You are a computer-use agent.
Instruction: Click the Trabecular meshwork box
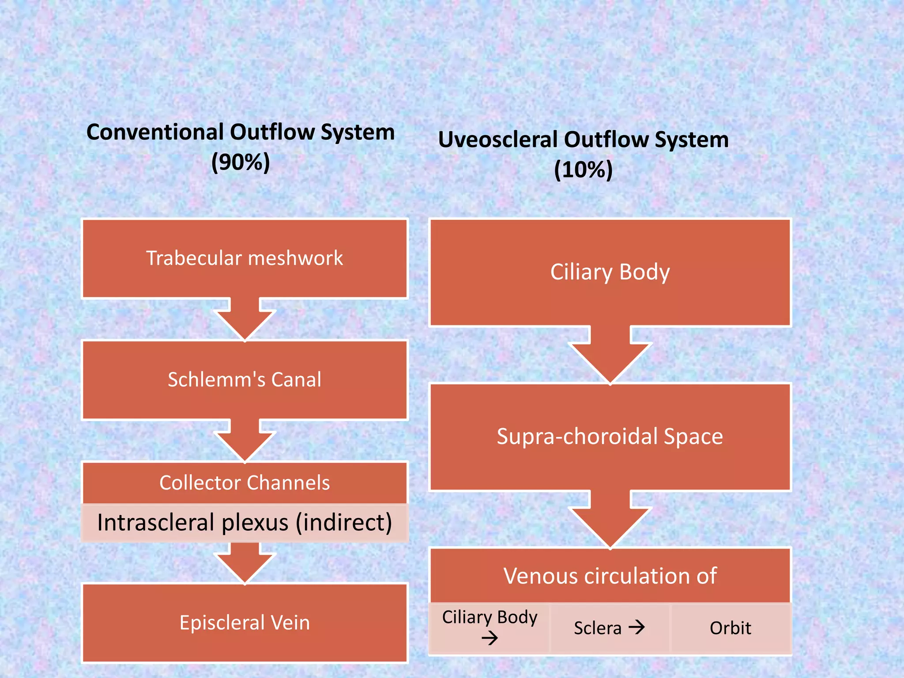[245, 258]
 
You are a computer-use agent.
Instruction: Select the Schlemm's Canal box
[245, 380]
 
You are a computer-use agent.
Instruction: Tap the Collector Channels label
[245, 483]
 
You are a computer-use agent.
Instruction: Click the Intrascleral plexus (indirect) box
[245, 523]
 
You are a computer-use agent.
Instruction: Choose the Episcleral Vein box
[245, 623]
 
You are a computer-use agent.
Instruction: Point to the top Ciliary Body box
[610, 272]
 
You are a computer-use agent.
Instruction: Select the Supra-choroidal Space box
[610, 437]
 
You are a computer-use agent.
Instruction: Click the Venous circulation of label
[610, 576]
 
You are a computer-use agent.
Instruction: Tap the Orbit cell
[731, 628]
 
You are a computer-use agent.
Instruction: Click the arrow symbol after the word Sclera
[637, 627]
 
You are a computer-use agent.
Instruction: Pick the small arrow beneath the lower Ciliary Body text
[490, 638]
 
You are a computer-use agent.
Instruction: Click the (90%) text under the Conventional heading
[241, 162]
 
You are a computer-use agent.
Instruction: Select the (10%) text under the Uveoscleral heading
[584, 169]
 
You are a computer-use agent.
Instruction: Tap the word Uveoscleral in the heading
[498, 139]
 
